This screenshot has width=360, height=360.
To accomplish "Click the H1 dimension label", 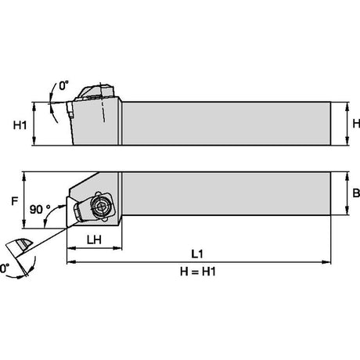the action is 20,125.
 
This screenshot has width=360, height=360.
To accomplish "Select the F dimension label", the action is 15,201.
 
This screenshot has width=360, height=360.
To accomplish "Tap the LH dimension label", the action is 94,239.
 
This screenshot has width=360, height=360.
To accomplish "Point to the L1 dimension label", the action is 197,254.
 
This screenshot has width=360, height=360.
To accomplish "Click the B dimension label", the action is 356,193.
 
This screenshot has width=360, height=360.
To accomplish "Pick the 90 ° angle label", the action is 40,209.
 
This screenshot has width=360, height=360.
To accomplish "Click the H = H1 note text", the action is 198,272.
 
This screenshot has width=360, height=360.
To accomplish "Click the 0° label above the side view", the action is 63,86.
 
